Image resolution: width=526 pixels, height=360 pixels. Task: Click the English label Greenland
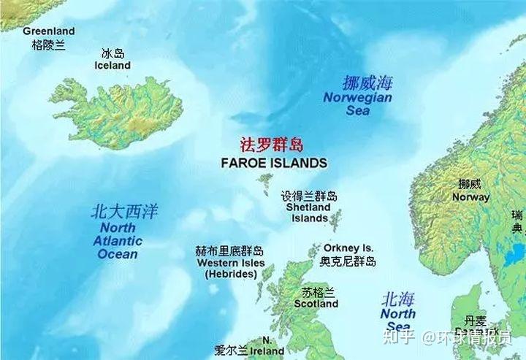click(x=48, y=31)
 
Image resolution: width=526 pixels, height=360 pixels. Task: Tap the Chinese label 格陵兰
click(x=48, y=45)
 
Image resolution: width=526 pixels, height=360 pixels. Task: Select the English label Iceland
click(x=113, y=66)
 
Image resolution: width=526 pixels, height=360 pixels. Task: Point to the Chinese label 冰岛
click(x=113, y=54)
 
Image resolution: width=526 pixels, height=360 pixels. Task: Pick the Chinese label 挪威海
click(x=367, y=83)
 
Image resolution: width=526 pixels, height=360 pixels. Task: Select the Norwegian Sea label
click(x=358, y=104)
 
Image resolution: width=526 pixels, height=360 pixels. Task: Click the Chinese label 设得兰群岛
click(x=309, y=196)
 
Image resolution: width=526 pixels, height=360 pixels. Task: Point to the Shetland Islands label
click(x=309, y=212)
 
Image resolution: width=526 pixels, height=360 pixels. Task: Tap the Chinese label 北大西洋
click(x=123, y=212)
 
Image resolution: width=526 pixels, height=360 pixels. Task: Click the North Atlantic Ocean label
click(x=118, y=242)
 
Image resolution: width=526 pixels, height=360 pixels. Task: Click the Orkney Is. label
click(x=348, y=248)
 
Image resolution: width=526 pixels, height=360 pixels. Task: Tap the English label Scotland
click(x=316, y=304)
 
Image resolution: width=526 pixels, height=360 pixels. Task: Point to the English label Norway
click(x=470, y=197)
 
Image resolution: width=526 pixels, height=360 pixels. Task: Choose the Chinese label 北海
click(x=398, y=299)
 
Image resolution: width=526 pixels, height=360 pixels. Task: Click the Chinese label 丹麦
click(x=475, y=321)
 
